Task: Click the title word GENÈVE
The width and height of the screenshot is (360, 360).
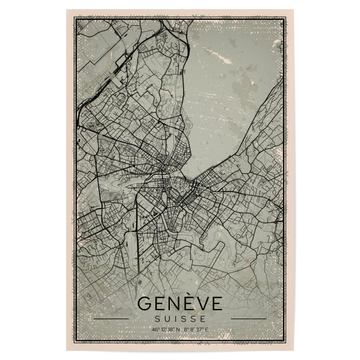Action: pos(179,304)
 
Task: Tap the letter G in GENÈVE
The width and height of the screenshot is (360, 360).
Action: pos(145,304)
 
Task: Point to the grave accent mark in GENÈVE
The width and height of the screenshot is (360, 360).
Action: pos(187,294)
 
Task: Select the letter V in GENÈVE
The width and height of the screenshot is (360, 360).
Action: pos(200,304)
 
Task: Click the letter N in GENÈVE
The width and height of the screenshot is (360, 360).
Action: pos(173,304)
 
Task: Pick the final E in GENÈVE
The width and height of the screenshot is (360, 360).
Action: pos(215,304)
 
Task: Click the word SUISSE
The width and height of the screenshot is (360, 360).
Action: pos(179,319)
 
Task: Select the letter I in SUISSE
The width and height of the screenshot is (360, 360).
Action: pos(177,319)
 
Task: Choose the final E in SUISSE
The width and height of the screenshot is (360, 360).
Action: pos(202,319)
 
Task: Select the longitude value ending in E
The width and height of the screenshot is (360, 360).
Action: pos(195,329)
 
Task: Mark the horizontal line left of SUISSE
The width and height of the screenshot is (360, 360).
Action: pos(110,319)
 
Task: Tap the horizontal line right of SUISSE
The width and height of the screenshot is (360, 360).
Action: pos(248,319)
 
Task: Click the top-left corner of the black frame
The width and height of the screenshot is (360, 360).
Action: pos(74,19)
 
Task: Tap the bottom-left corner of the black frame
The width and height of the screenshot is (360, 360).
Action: pos(74,341)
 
